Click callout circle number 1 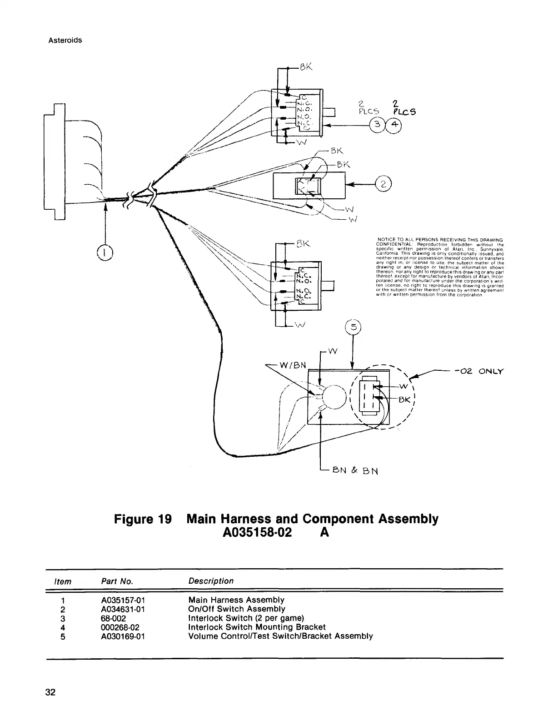105,252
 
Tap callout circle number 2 384,184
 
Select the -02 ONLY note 479,371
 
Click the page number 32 50,692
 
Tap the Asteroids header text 65,40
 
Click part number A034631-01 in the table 123,609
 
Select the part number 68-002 114,618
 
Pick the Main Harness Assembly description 236,600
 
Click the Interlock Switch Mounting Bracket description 257,627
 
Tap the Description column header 211,581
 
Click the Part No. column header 117,581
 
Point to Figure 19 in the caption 143,519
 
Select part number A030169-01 123,636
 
